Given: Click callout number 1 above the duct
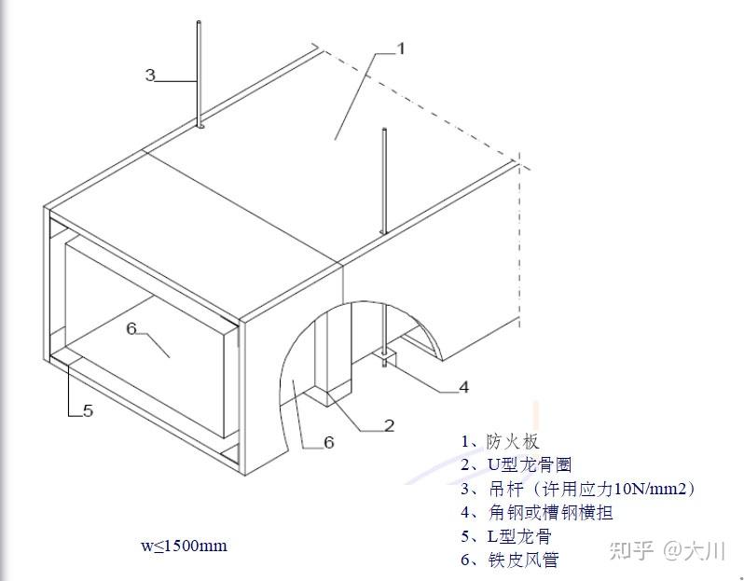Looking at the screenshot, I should pos(400,48).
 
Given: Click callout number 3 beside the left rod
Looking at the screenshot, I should pos(149,76).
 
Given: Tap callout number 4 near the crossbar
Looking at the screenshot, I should pos(463,387).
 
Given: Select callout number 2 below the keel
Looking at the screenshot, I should pos(389,425).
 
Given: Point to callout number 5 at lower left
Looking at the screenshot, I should pos(88,410).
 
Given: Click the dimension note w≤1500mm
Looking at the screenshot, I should pos(184,546).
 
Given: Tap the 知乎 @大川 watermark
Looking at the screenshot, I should pos(667,550).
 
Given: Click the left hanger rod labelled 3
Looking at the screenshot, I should pos(200,75).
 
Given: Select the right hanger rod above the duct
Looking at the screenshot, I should pos(382,182).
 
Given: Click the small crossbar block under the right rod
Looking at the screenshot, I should pos(385,357).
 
